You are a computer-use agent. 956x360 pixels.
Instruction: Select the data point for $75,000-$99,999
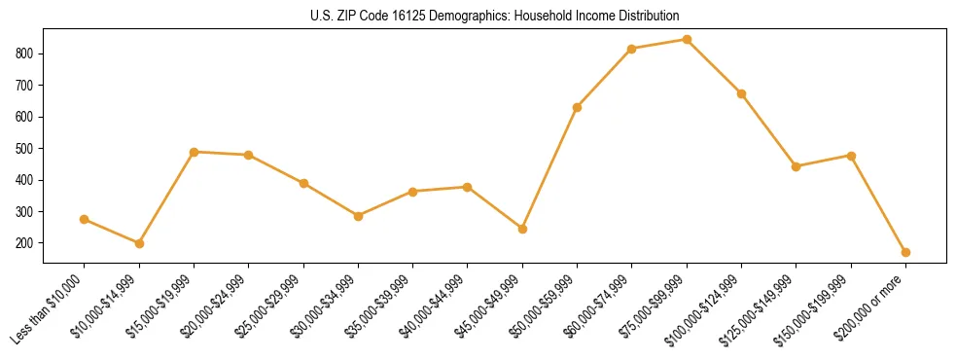687,40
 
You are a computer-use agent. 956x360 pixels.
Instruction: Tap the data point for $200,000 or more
905,252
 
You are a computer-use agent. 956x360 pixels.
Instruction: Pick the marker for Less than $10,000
85,219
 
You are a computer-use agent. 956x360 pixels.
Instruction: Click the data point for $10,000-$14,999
139,243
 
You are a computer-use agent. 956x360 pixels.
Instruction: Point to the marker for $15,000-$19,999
195,152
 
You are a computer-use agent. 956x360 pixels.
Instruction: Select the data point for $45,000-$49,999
522,229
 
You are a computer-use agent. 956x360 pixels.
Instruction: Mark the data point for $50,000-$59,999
577,107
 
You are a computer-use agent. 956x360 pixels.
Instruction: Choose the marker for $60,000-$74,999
632,49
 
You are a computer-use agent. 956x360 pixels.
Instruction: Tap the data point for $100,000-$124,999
741,93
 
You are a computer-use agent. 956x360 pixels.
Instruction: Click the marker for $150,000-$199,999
851,156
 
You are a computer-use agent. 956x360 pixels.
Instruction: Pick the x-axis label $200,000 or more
872,308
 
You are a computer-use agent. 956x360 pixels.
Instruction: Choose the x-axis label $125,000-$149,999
762,308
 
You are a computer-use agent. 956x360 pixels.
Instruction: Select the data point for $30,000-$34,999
358,216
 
